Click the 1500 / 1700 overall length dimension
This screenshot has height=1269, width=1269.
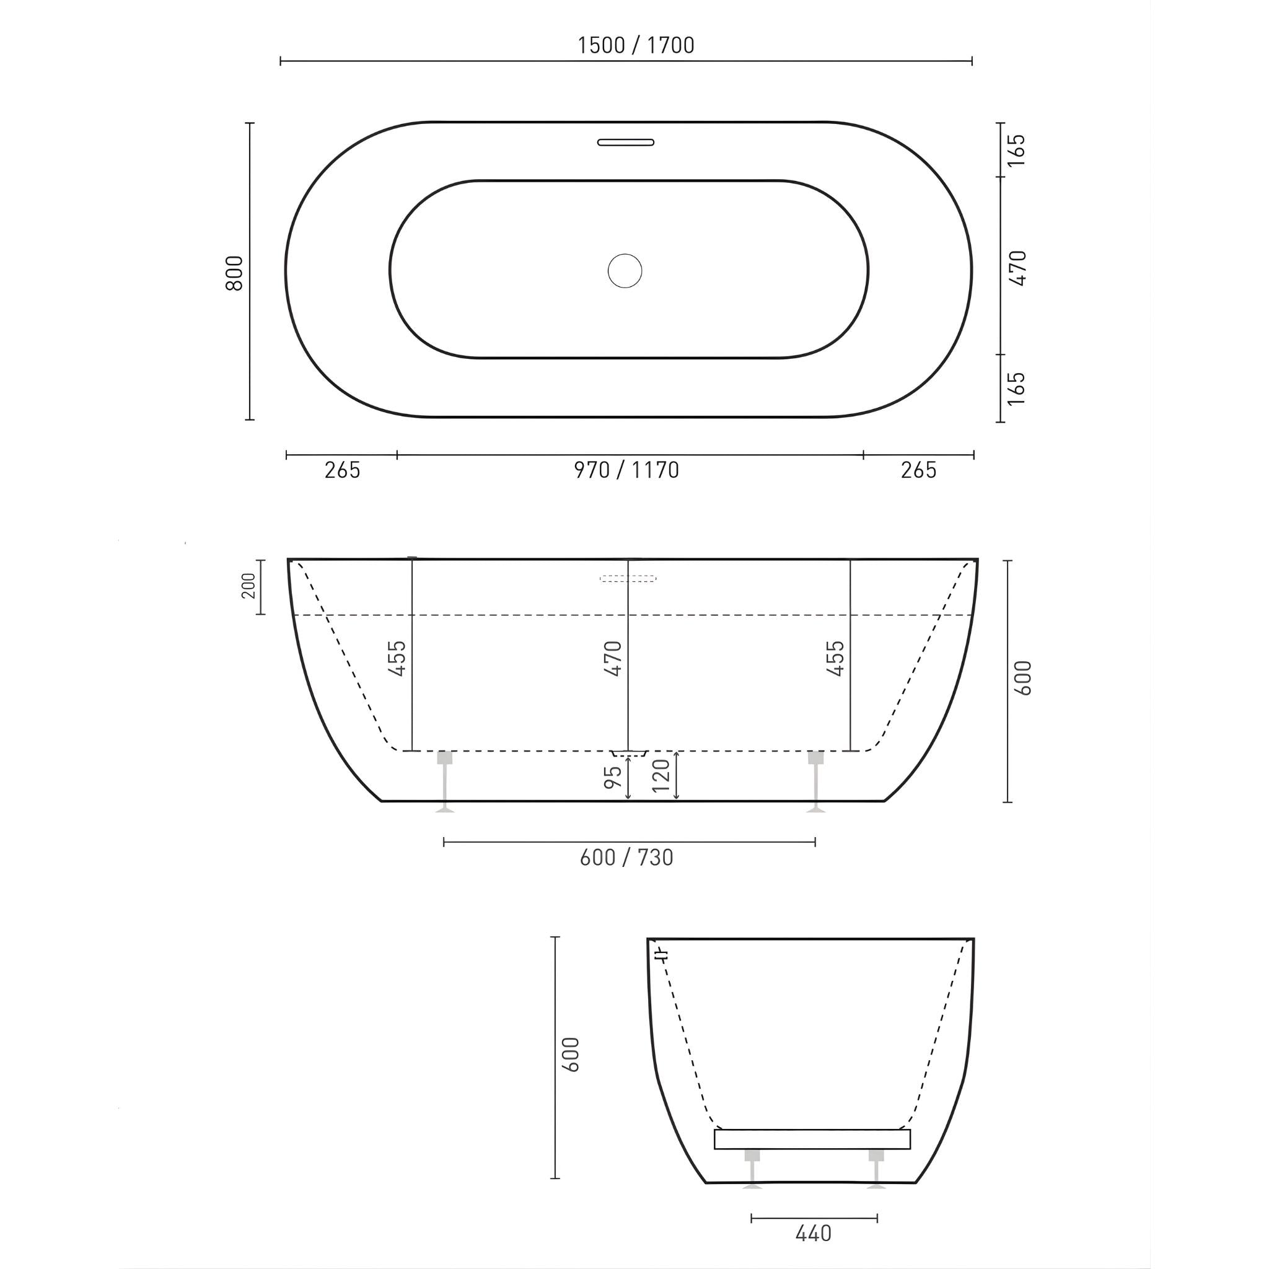click(x=635, y=45)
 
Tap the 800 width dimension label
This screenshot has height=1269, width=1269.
click(x=234, y=273)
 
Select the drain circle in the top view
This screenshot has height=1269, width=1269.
click(x=625, y=271)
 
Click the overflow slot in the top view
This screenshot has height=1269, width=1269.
click(x=625, y=142)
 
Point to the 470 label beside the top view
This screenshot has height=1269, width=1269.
click(x=1017, y=268)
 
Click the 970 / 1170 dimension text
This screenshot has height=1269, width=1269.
click(x=626, y=470)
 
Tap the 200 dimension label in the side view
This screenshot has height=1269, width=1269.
click(x=248, y=586)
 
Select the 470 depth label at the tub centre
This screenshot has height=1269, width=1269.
click(x=613, y=658)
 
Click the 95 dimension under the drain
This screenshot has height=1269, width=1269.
click(x=613, y=777)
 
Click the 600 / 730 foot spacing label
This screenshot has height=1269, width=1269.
click(x=626, y=857)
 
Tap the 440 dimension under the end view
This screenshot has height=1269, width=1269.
click(x=813, y=1234)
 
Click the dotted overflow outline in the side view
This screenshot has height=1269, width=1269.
click(x=628, y=579)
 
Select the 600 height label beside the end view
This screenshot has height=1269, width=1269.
click(x=571, y=1055)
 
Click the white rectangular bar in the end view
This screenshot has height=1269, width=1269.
click(x=812, y=1139)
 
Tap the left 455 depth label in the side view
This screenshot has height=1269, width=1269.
click(x=397, y=658)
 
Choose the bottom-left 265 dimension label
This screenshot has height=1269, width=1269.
click(x=342, y=470)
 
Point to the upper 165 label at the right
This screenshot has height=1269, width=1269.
click(x=1016, y=151)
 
